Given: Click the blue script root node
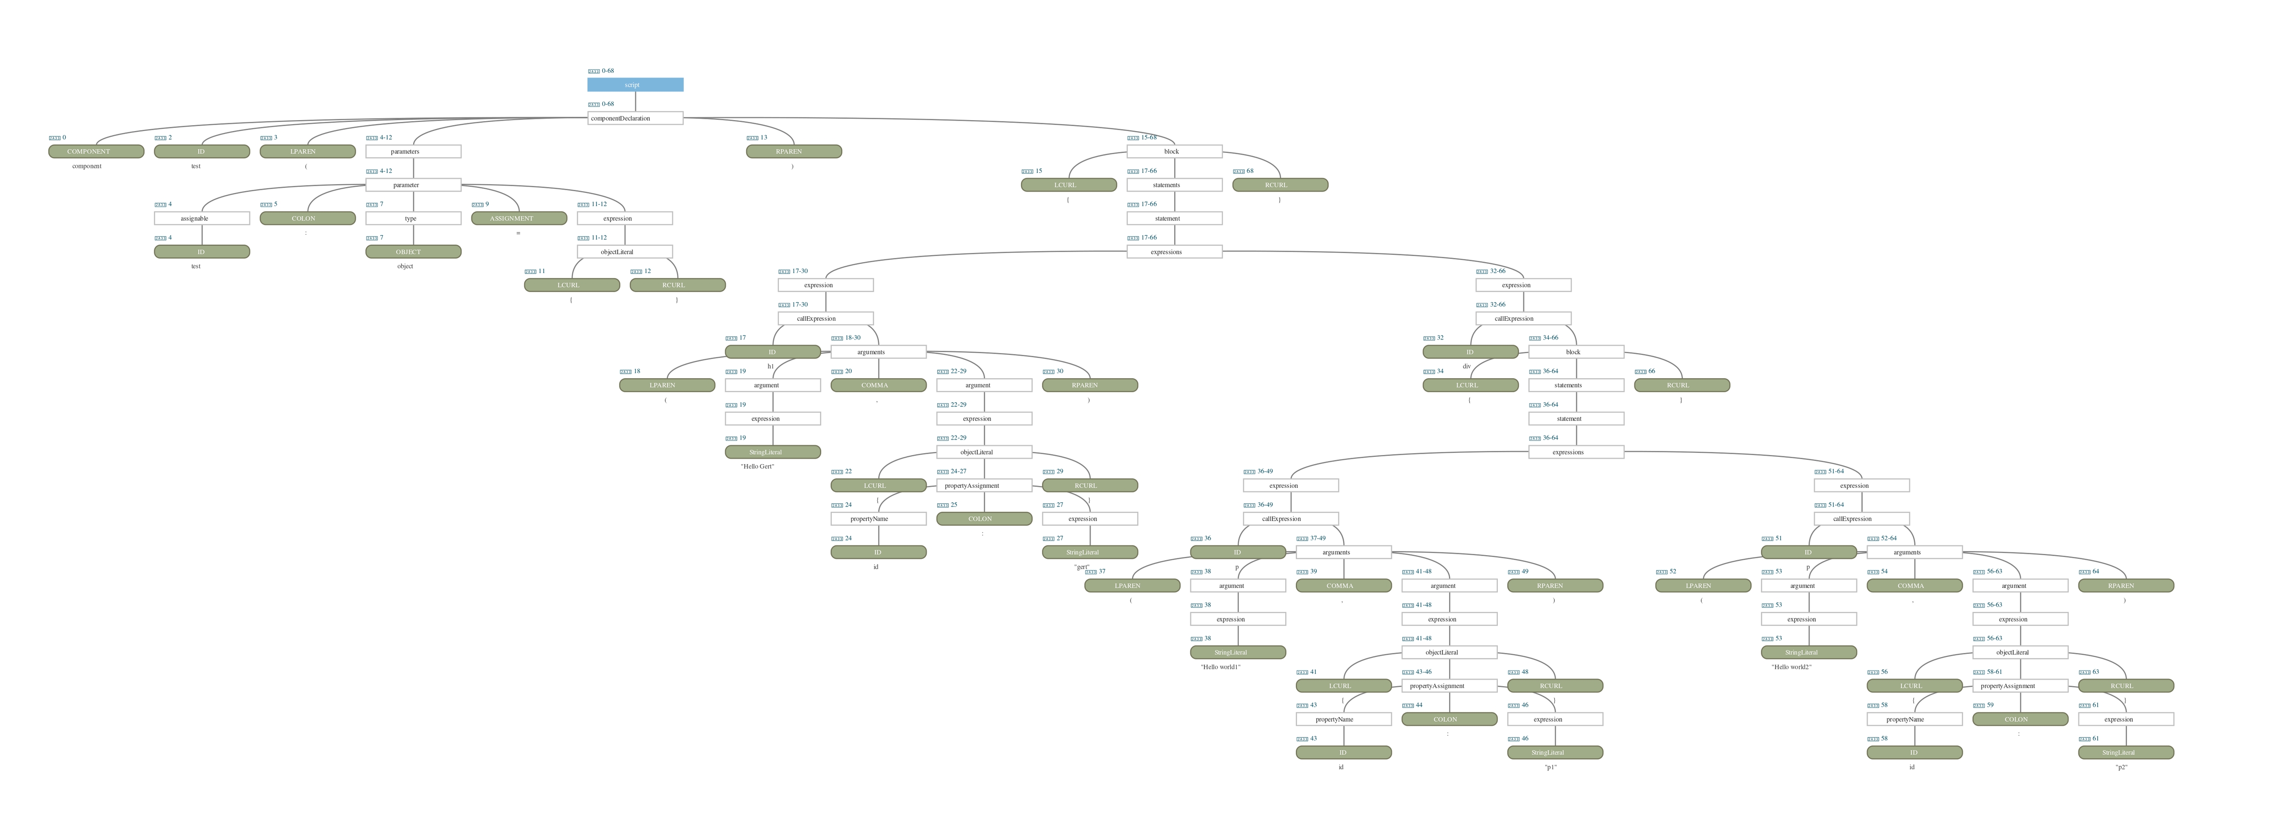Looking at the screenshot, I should pyautogui.click(x=635, y=85).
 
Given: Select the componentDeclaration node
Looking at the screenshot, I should pyautogui.click(x=635, y=118).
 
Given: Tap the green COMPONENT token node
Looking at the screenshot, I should pyautogui.click(x=96, y=152).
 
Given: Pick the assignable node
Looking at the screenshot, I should pyautogui.click(x=202, y=218).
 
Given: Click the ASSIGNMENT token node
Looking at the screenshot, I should pyautogui.click(x=518, y=218).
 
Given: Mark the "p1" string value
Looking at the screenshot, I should pyautogui.click(x=1550, y=767).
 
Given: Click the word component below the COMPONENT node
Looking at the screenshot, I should pyautogui.click(x=86, y=166).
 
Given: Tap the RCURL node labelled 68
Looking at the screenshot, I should pyautogui.click(x=1279, y=185).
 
